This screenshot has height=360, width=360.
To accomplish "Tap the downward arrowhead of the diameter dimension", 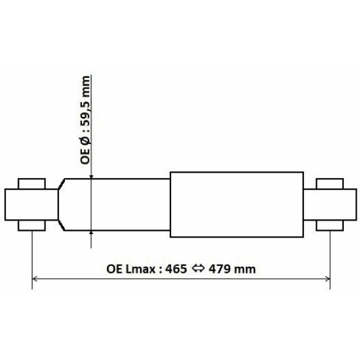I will [x=91, y=175].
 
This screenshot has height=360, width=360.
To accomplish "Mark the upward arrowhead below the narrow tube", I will [x=91, y=234].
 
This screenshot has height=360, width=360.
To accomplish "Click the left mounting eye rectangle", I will [x=31, y=204].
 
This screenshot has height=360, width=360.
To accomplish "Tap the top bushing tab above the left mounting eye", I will [x=31, y=183].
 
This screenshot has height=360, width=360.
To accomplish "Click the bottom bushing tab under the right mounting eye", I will [x=330, y=224].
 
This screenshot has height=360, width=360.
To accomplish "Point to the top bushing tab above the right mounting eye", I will [x=330, y=183].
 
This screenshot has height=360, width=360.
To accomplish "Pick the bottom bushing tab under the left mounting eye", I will [x=31, y=224].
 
